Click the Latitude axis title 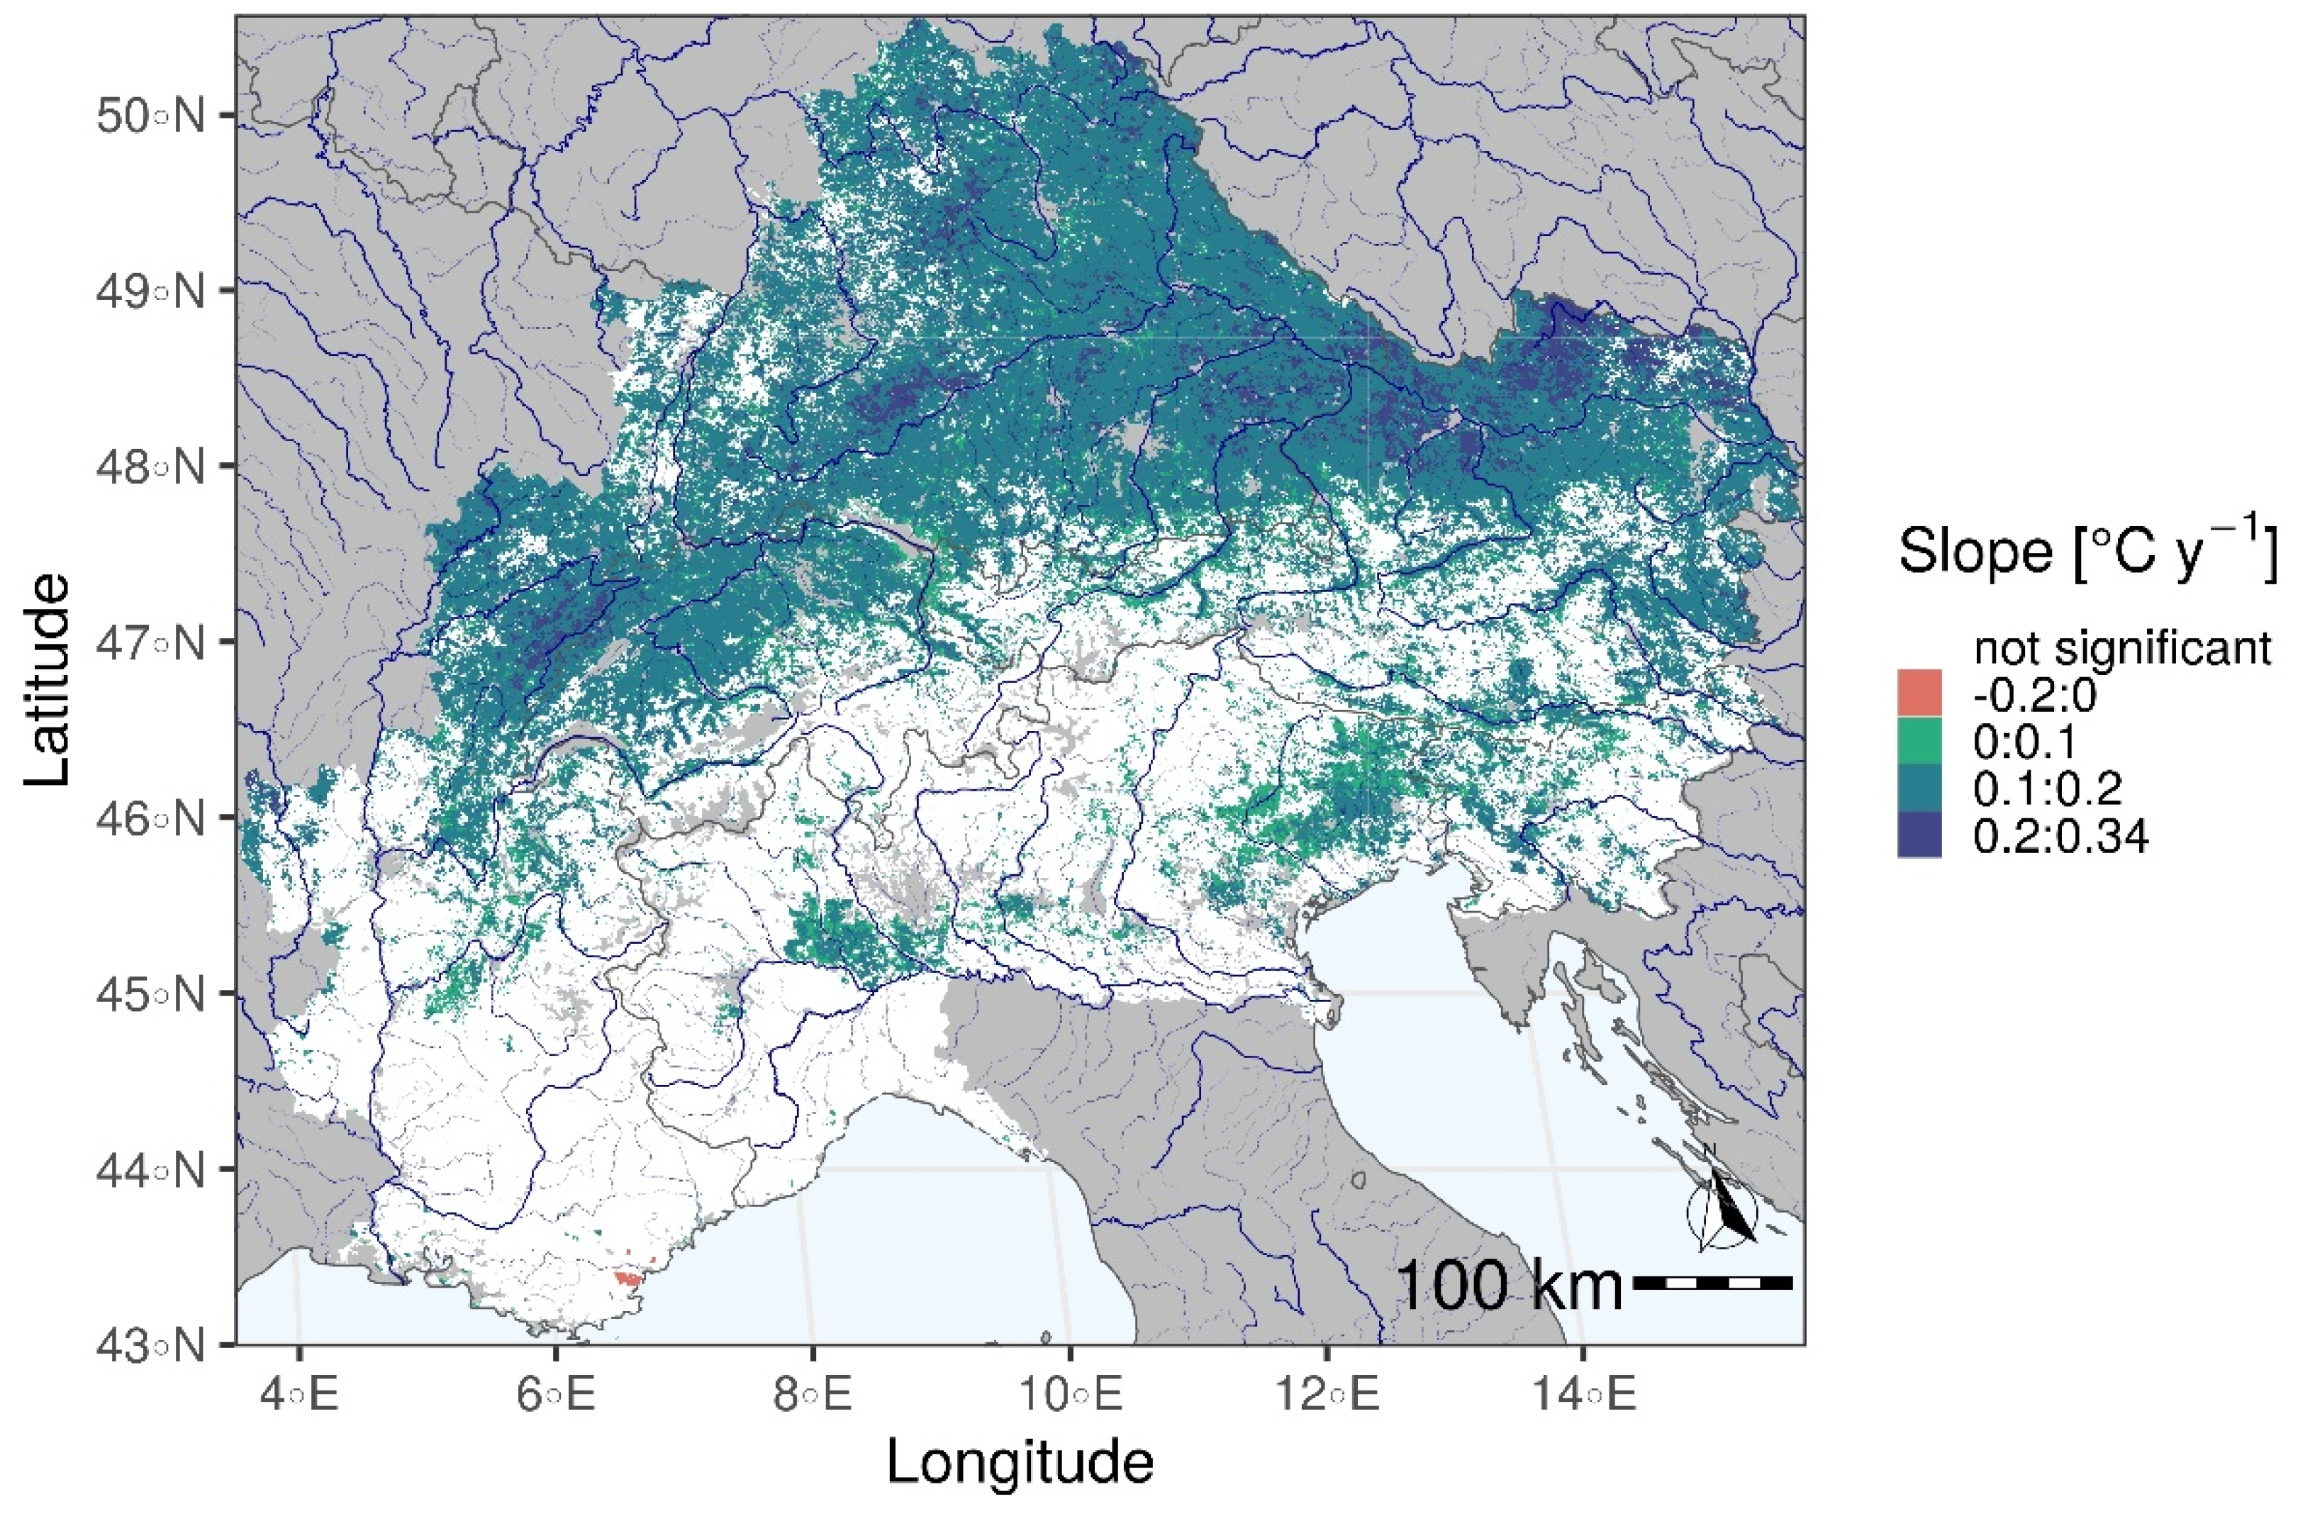(46, 681)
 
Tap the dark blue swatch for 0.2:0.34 (1919, 835)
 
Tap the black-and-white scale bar (1713, 1283)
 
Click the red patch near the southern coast (628, 1279)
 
